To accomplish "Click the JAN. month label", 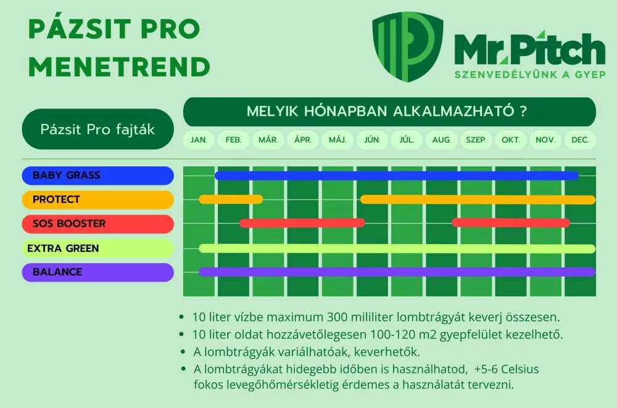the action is point(199,140).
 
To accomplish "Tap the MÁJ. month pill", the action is point(337,140).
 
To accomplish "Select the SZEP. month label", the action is point(476,140).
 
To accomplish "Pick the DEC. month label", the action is point(580,140).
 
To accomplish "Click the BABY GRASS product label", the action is point(97,175).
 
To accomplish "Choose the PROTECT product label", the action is point(97,200).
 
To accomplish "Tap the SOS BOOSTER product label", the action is point(97,224).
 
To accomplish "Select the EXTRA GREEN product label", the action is point(97,248).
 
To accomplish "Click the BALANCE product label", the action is point(97,272).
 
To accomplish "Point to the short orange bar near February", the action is point(231,199).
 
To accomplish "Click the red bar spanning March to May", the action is point(302,223).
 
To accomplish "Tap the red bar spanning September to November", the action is point(511,223).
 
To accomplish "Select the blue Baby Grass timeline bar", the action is point(397,176).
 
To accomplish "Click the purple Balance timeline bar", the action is point(397,272).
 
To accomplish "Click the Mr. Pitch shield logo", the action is point(408,46).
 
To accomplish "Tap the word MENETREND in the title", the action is point(120,67).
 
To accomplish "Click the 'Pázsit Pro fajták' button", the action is point(97,129).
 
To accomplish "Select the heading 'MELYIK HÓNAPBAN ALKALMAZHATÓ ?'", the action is point(387,111).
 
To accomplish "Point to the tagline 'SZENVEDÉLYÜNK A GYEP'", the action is point(530,75).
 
